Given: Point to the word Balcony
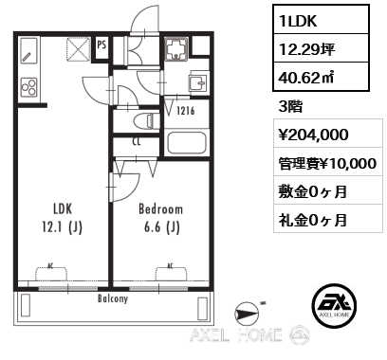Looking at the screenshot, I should [112, 297].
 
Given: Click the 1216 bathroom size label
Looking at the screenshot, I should [184, 112].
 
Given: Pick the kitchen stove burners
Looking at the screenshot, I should [28, 87].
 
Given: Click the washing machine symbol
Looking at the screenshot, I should [177, 48].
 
